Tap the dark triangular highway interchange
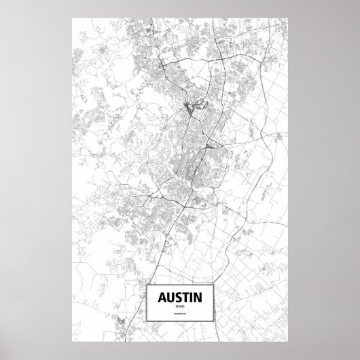coord(208,144)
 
